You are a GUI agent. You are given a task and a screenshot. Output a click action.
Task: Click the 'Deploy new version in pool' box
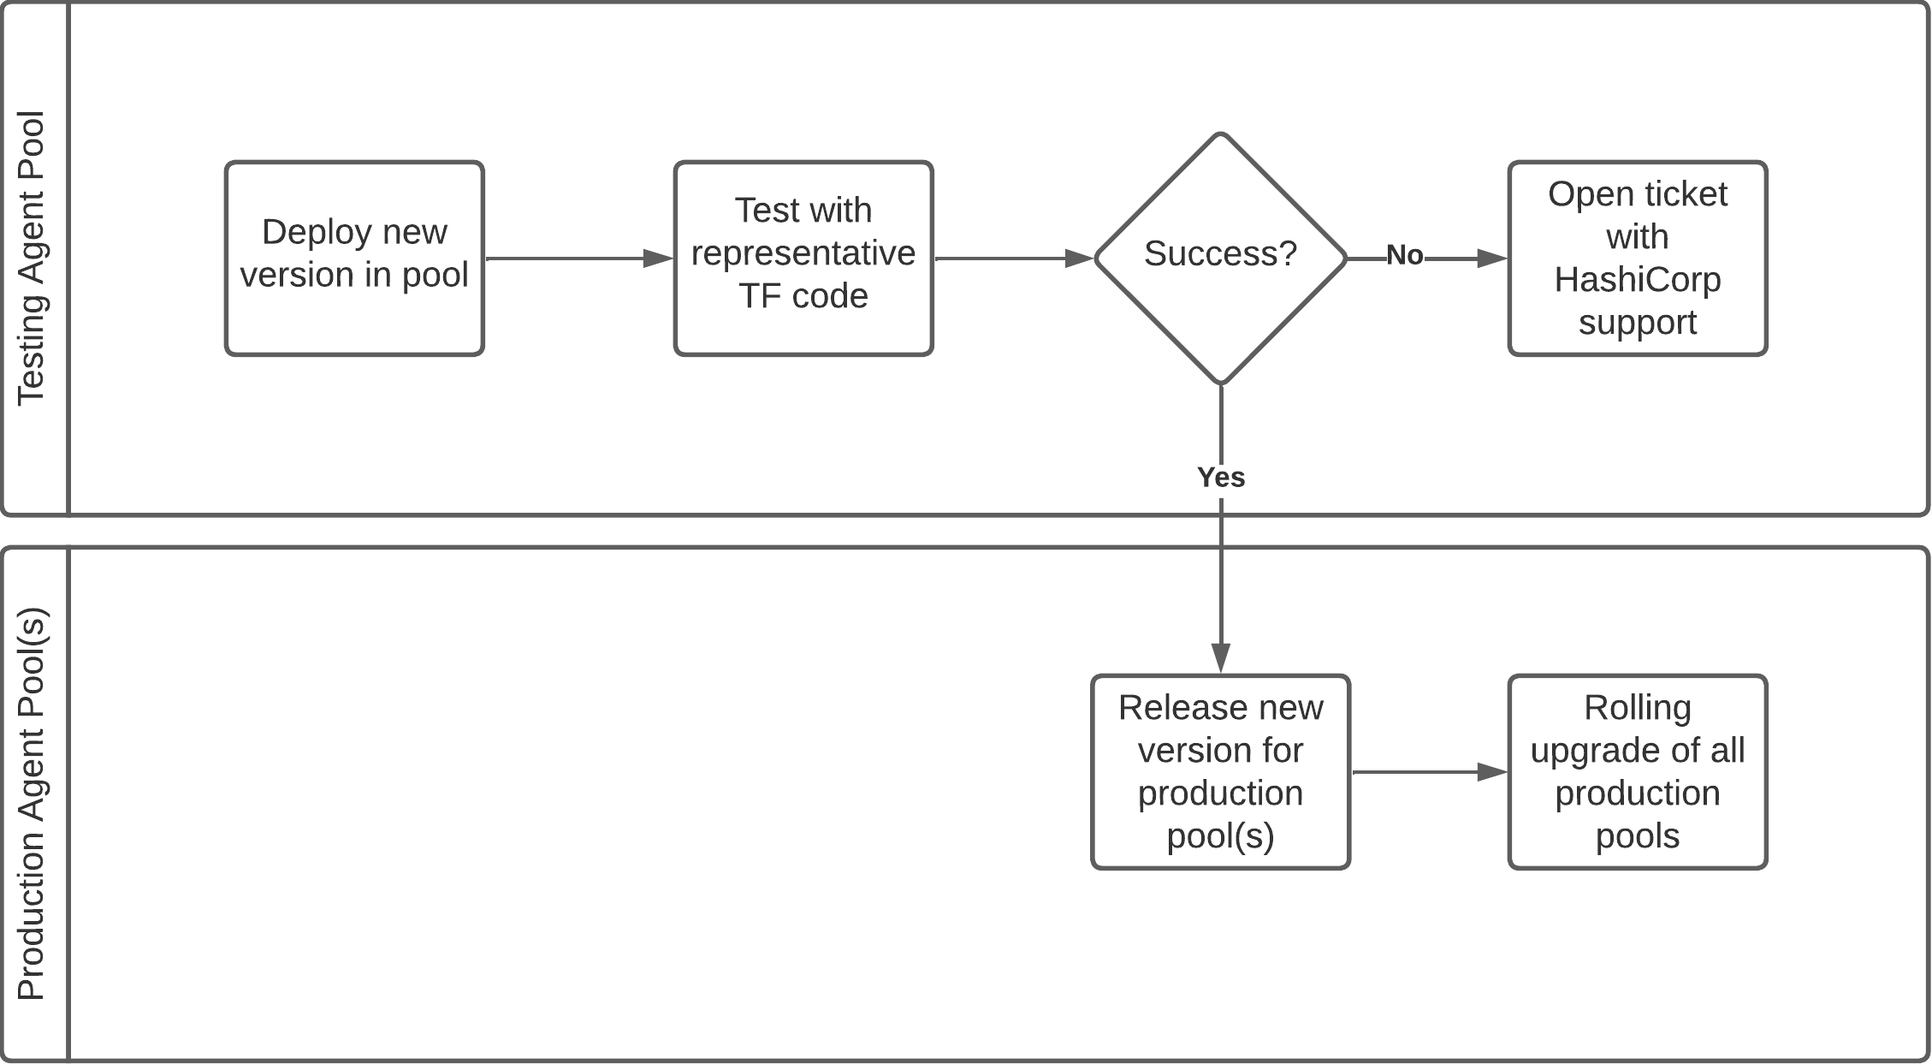[x=354, y=258]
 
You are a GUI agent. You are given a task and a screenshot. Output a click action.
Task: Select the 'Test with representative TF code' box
[x=803, y=258]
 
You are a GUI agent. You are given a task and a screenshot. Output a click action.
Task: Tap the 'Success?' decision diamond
[x=1220, y=258]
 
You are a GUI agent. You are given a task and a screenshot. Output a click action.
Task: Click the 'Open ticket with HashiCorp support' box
[x=1637, y=258]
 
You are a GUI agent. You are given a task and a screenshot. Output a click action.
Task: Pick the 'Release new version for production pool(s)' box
[x=1220, y=771]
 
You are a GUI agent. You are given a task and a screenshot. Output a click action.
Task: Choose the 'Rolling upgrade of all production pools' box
[x=1637, y=771]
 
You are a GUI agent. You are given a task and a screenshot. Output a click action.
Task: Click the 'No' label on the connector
[x=1404, y=255]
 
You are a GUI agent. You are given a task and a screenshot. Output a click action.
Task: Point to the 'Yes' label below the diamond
[x=1220, y=478]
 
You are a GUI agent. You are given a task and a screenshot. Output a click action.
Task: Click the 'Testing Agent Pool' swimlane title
[x=33, y=258]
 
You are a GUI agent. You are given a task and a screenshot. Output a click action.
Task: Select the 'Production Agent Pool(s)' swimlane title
[x=33, y=804]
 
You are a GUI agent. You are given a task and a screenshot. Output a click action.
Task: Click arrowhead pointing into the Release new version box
[x=1220, y=657]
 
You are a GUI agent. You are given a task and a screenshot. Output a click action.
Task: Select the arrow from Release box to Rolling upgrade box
[x=1428, y=772]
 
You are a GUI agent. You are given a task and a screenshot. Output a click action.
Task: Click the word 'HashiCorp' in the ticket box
[x=1637, y=280]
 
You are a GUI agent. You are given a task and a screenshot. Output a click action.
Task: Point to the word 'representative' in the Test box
[x=803, y=253]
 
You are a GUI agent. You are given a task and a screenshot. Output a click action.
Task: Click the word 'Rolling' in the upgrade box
[x=1637, y=708]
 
